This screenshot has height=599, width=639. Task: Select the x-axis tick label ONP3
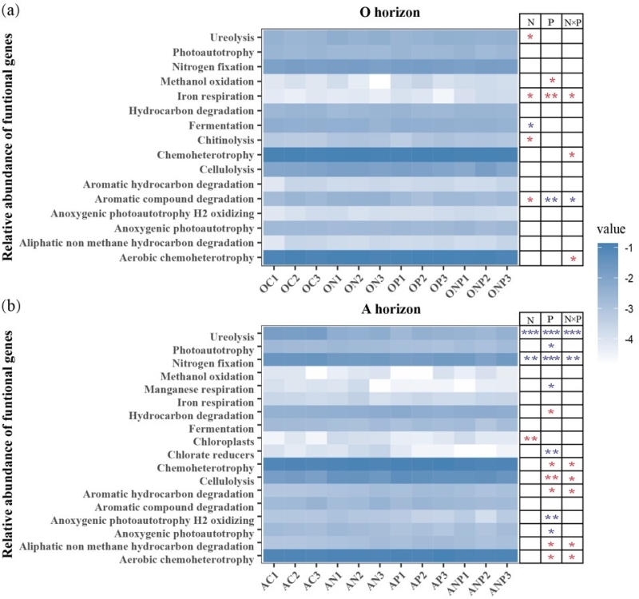click(502, 284)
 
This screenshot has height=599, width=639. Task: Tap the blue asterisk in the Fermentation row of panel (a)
click(530, 126)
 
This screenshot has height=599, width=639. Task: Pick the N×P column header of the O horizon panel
click(573, 22)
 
